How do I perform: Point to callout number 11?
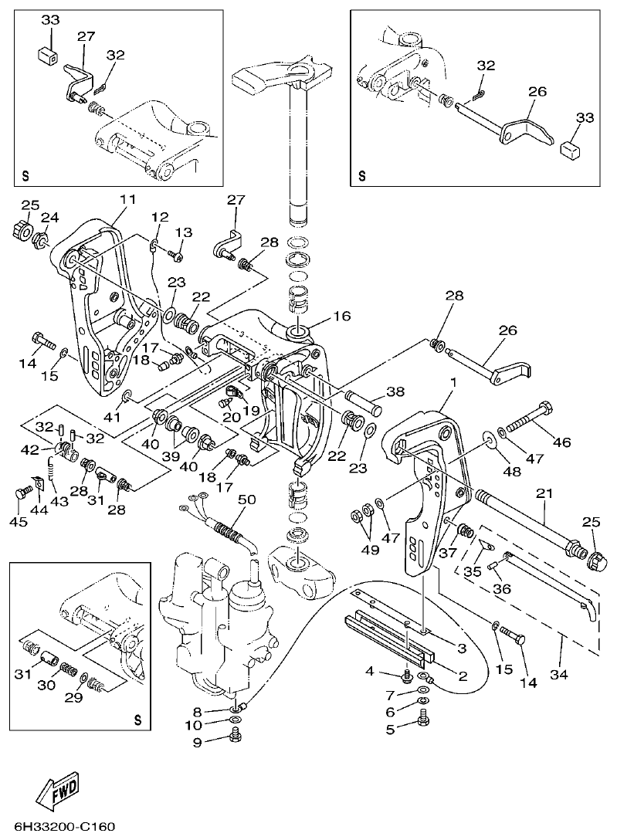(127, 199)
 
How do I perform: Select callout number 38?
(395, 391)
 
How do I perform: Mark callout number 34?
(559, 674)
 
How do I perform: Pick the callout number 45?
(18, 522)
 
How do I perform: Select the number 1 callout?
(453, 382)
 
